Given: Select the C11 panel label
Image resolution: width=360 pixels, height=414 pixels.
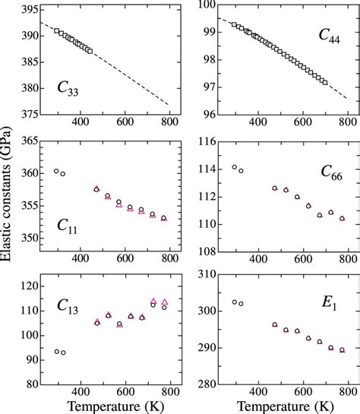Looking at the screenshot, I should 70,226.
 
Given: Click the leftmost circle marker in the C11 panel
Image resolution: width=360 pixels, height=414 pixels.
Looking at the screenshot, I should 56,171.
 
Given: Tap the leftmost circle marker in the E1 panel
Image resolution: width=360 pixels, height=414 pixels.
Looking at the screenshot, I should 234,302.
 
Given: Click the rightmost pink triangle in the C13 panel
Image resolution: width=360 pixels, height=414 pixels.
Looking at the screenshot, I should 164,302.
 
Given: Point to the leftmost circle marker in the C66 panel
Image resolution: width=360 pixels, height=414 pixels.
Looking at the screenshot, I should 234,167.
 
